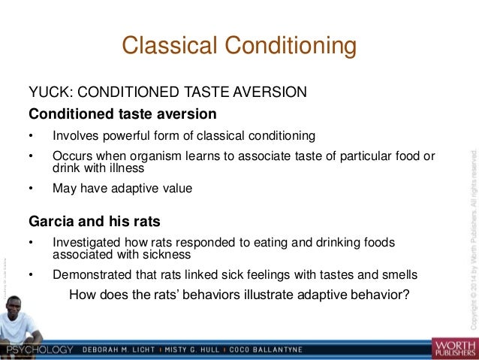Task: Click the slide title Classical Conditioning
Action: [239, 46]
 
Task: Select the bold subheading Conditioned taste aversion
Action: [122, 114]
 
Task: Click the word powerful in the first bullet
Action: [127, 136]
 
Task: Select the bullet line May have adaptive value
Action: [122, 189]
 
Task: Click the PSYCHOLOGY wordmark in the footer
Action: [40, 350]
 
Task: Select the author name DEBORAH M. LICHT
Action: [130, 350]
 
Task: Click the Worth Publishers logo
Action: [453, 347]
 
